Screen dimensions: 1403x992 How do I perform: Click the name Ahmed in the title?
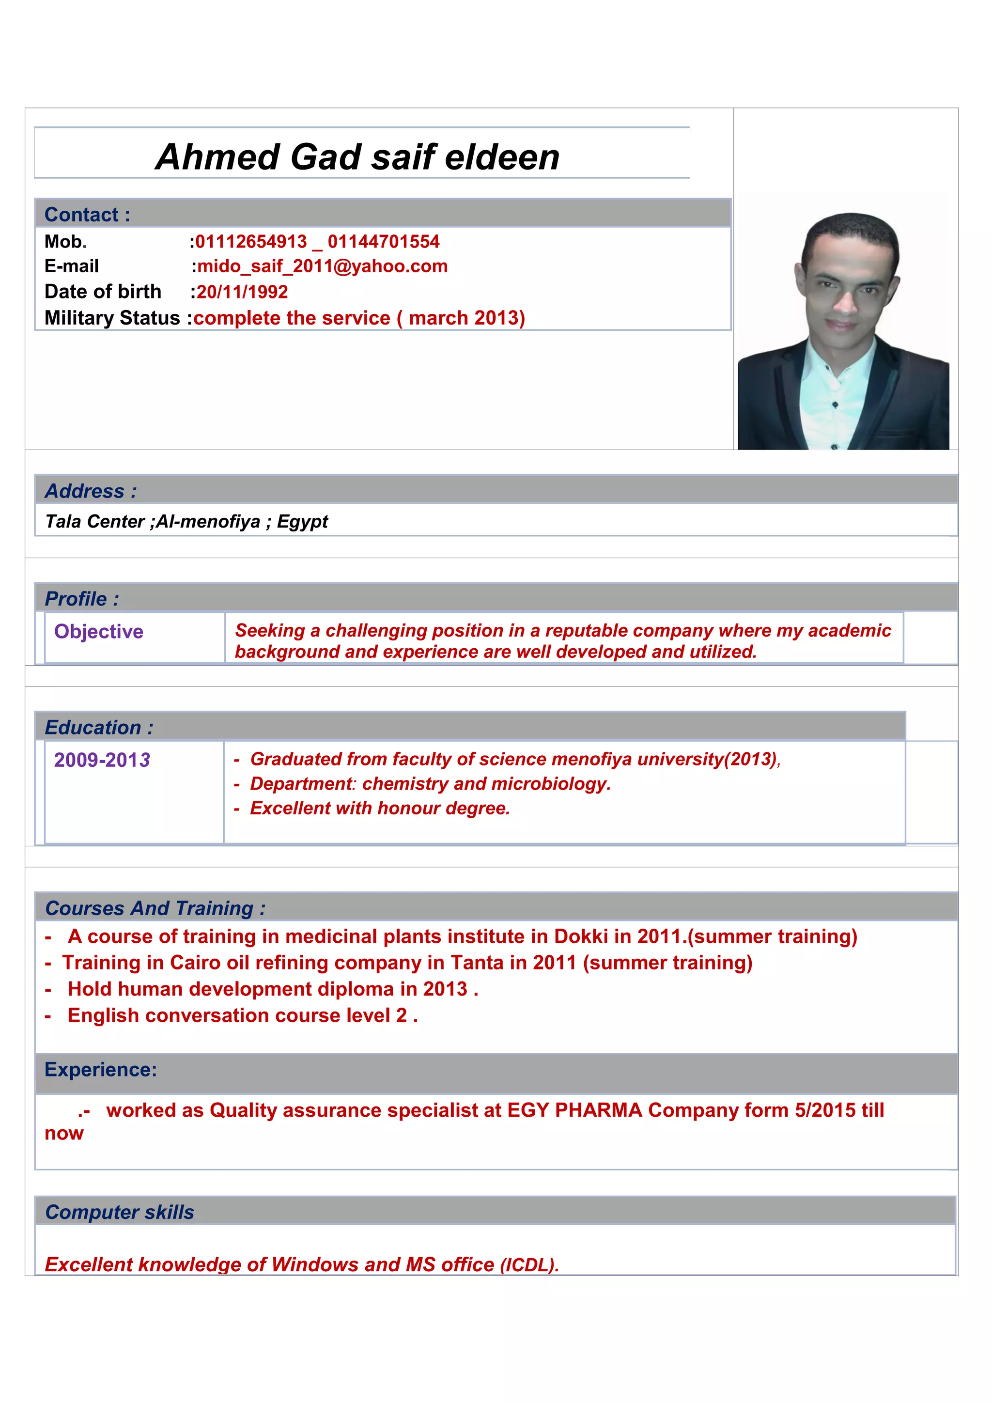tap(217, 157)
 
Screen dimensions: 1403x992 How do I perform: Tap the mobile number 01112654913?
tap(251, 241)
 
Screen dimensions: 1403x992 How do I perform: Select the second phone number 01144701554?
tap(384, 241)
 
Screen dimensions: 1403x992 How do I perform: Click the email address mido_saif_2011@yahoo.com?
tap(323, 266)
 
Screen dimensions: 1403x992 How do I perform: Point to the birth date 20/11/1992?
tap(242, 292)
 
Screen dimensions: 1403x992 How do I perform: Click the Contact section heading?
tap(87, 215)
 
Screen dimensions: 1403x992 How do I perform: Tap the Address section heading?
tap(91, 491)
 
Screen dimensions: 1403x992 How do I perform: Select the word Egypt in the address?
tap(302, 521)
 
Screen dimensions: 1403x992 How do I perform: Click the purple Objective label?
tap(98, 631)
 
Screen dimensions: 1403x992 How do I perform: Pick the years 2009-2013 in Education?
tap(102, 760)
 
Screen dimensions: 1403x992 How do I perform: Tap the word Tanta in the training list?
tap(477, 963)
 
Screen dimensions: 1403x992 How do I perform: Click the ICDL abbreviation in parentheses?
tap(529, 1265)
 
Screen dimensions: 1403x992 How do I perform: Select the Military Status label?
tap(112, 318)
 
